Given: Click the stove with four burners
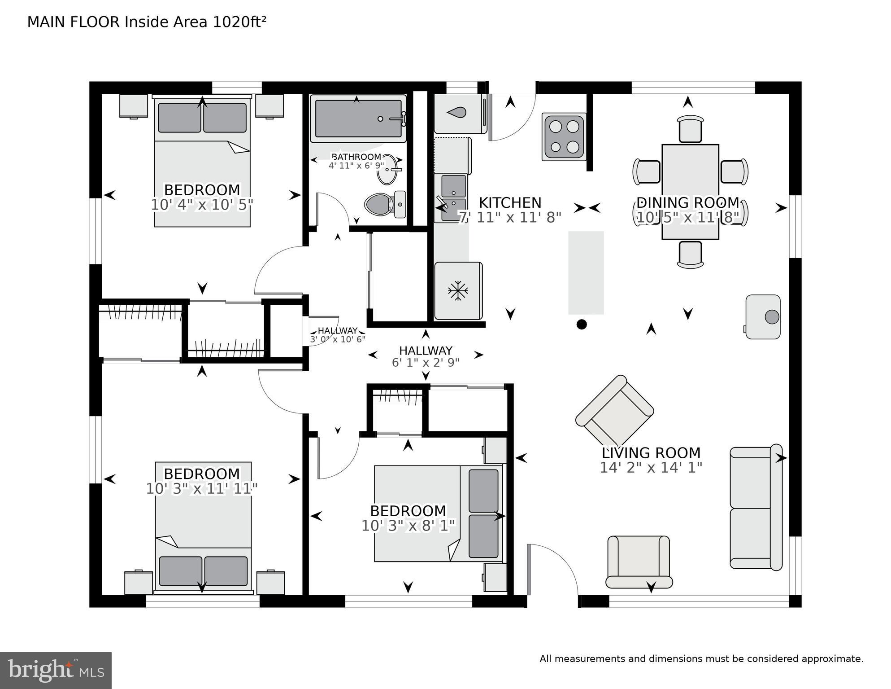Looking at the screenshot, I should (x=564, y=136).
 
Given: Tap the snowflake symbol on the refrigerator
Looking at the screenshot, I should (x=458, y=291).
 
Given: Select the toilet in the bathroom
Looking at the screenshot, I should (x=385, y=204).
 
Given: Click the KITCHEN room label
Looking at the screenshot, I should (x=510, y=202).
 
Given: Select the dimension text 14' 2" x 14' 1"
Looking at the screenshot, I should (x=651, y=468).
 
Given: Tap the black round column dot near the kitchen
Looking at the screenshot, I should (x=581, y=324).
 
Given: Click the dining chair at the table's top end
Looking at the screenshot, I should (x=690, y=129).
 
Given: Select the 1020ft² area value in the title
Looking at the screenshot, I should (x=239, y=22).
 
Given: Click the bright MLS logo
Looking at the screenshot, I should (x=56, y=670).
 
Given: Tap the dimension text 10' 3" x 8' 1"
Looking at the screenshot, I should (x=408, y=526).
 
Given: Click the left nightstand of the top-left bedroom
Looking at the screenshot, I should (x=134, y=106).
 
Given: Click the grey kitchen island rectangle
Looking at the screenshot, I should (x=586, y=272).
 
